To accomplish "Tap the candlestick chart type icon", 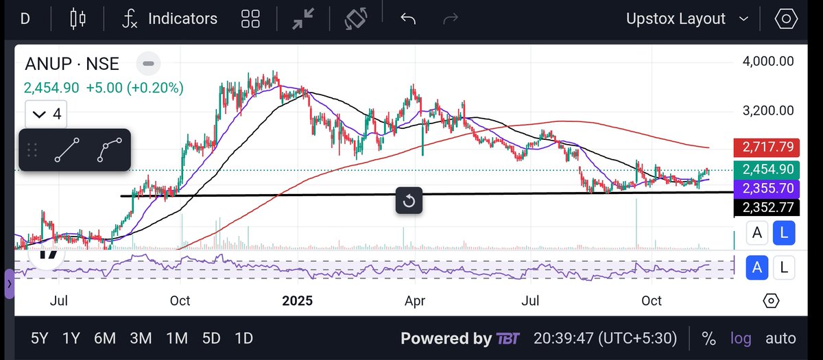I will (x=78, y=19).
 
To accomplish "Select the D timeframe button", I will (x=25, y=19).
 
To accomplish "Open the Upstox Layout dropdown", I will (x=686, y=19).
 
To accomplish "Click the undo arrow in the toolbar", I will (x=408, y=19).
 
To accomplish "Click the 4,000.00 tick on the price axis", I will (x=768, y=61).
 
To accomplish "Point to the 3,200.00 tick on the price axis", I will (x=768, y=110).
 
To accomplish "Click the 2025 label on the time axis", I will (x=297, y=301).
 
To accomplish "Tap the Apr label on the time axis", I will (x=415, y=301).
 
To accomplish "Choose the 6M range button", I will (x=105, y=338).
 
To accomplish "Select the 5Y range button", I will (x=40, y=338).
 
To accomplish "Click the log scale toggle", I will (x=741, y=338).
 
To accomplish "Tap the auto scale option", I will (x=780, y=338).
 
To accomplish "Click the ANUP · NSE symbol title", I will (x=72, y=64).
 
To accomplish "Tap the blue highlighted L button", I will (x=784, y=233).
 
